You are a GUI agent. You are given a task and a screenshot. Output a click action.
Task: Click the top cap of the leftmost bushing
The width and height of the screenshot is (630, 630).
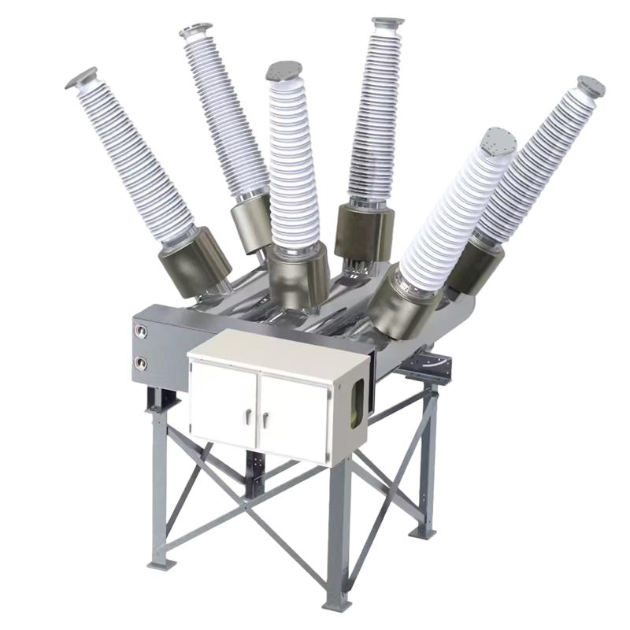point(81,77)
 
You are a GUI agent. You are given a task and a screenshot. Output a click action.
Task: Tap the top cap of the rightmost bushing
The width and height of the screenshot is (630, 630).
point(591,86)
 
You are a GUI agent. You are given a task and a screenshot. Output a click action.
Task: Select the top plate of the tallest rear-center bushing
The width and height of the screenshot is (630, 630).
point(387,21)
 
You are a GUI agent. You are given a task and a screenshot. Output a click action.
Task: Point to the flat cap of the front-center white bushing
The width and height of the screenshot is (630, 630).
point(286,72)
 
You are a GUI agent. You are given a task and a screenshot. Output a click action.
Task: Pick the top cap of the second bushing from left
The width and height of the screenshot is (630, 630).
point(196,31)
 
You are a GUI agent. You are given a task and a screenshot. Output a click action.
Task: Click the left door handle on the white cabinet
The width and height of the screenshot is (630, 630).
point(249,418)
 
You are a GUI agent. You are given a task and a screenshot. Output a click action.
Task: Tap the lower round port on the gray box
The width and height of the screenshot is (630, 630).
point(143,363)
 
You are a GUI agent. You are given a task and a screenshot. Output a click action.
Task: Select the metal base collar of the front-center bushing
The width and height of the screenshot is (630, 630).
point(297,276)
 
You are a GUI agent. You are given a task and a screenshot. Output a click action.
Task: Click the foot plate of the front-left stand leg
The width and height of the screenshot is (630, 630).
point(161,563)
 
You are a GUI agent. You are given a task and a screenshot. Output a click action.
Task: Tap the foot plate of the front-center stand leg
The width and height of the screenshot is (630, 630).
point(336,602)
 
